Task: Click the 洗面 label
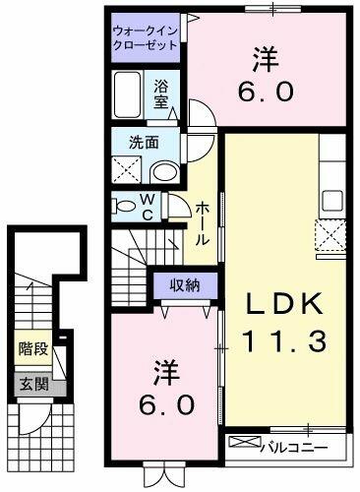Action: tap(146, 142)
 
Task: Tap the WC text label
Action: tap(147, 208)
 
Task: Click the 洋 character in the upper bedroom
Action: tap(265, 61)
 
